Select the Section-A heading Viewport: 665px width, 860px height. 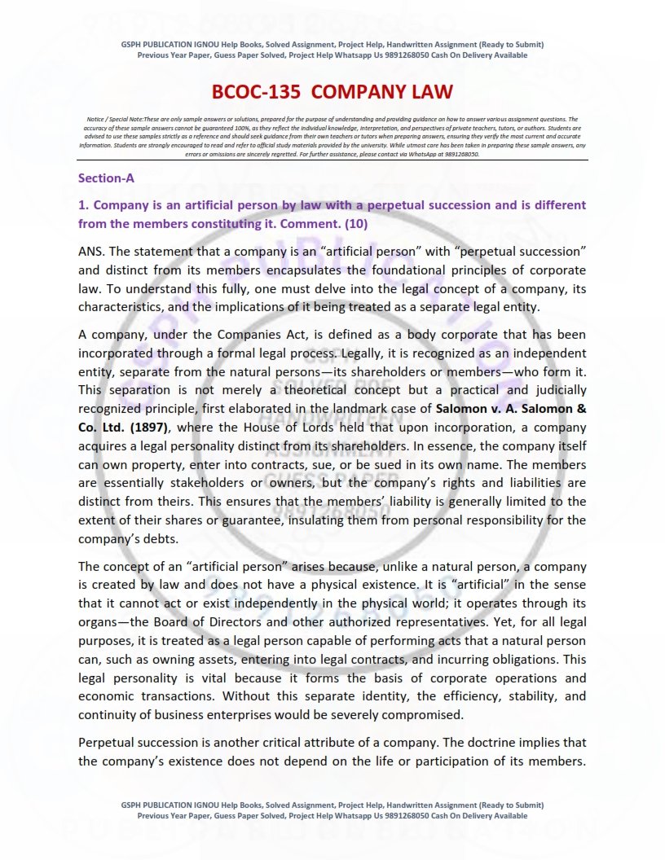click(106, 178)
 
